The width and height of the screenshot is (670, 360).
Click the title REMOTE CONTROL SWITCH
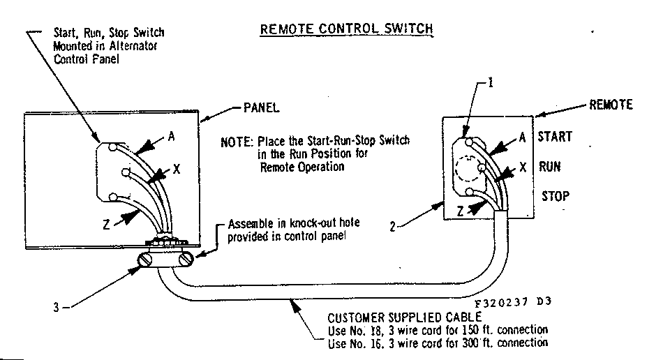[x=346, y=29]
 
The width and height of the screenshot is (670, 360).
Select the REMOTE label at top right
[x=611, y=105]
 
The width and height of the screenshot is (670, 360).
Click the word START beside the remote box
[x=554, y=137]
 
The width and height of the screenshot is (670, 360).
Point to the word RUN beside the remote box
[x=549, y=167]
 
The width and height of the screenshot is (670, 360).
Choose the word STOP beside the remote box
[x=555, y=196]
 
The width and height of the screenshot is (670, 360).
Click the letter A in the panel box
[x=171, y=137]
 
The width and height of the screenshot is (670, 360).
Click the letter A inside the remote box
[x=521, y=137]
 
